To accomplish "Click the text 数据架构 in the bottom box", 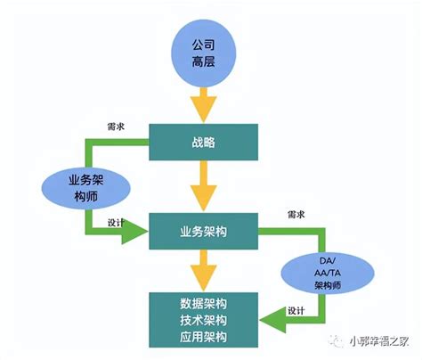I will point(203,302).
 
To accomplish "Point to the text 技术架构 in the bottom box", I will point(203,319).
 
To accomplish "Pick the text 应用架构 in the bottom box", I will point(203,336).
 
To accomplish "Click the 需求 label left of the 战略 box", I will point(114,127).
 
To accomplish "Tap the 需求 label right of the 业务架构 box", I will point(296,217).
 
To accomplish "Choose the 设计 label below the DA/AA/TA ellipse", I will point(296,311).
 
